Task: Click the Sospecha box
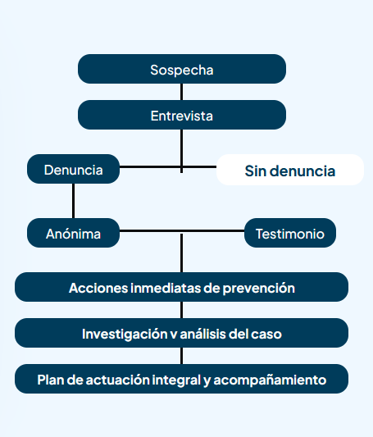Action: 182,69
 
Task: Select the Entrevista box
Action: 182,115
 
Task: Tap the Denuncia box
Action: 73,169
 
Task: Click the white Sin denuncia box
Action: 290,170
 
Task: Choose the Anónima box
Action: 73,233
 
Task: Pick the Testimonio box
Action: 290,233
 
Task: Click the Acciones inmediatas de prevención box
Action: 181,287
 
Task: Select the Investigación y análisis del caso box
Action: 181,333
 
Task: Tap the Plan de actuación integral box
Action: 181,379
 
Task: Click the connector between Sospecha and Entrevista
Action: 182,92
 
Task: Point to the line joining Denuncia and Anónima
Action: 73,201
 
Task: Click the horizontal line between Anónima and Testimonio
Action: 182,230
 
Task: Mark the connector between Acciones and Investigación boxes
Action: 182,310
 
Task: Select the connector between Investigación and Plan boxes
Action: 182,356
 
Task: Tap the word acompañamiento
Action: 270,380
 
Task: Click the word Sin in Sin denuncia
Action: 255,171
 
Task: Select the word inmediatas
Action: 166,288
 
